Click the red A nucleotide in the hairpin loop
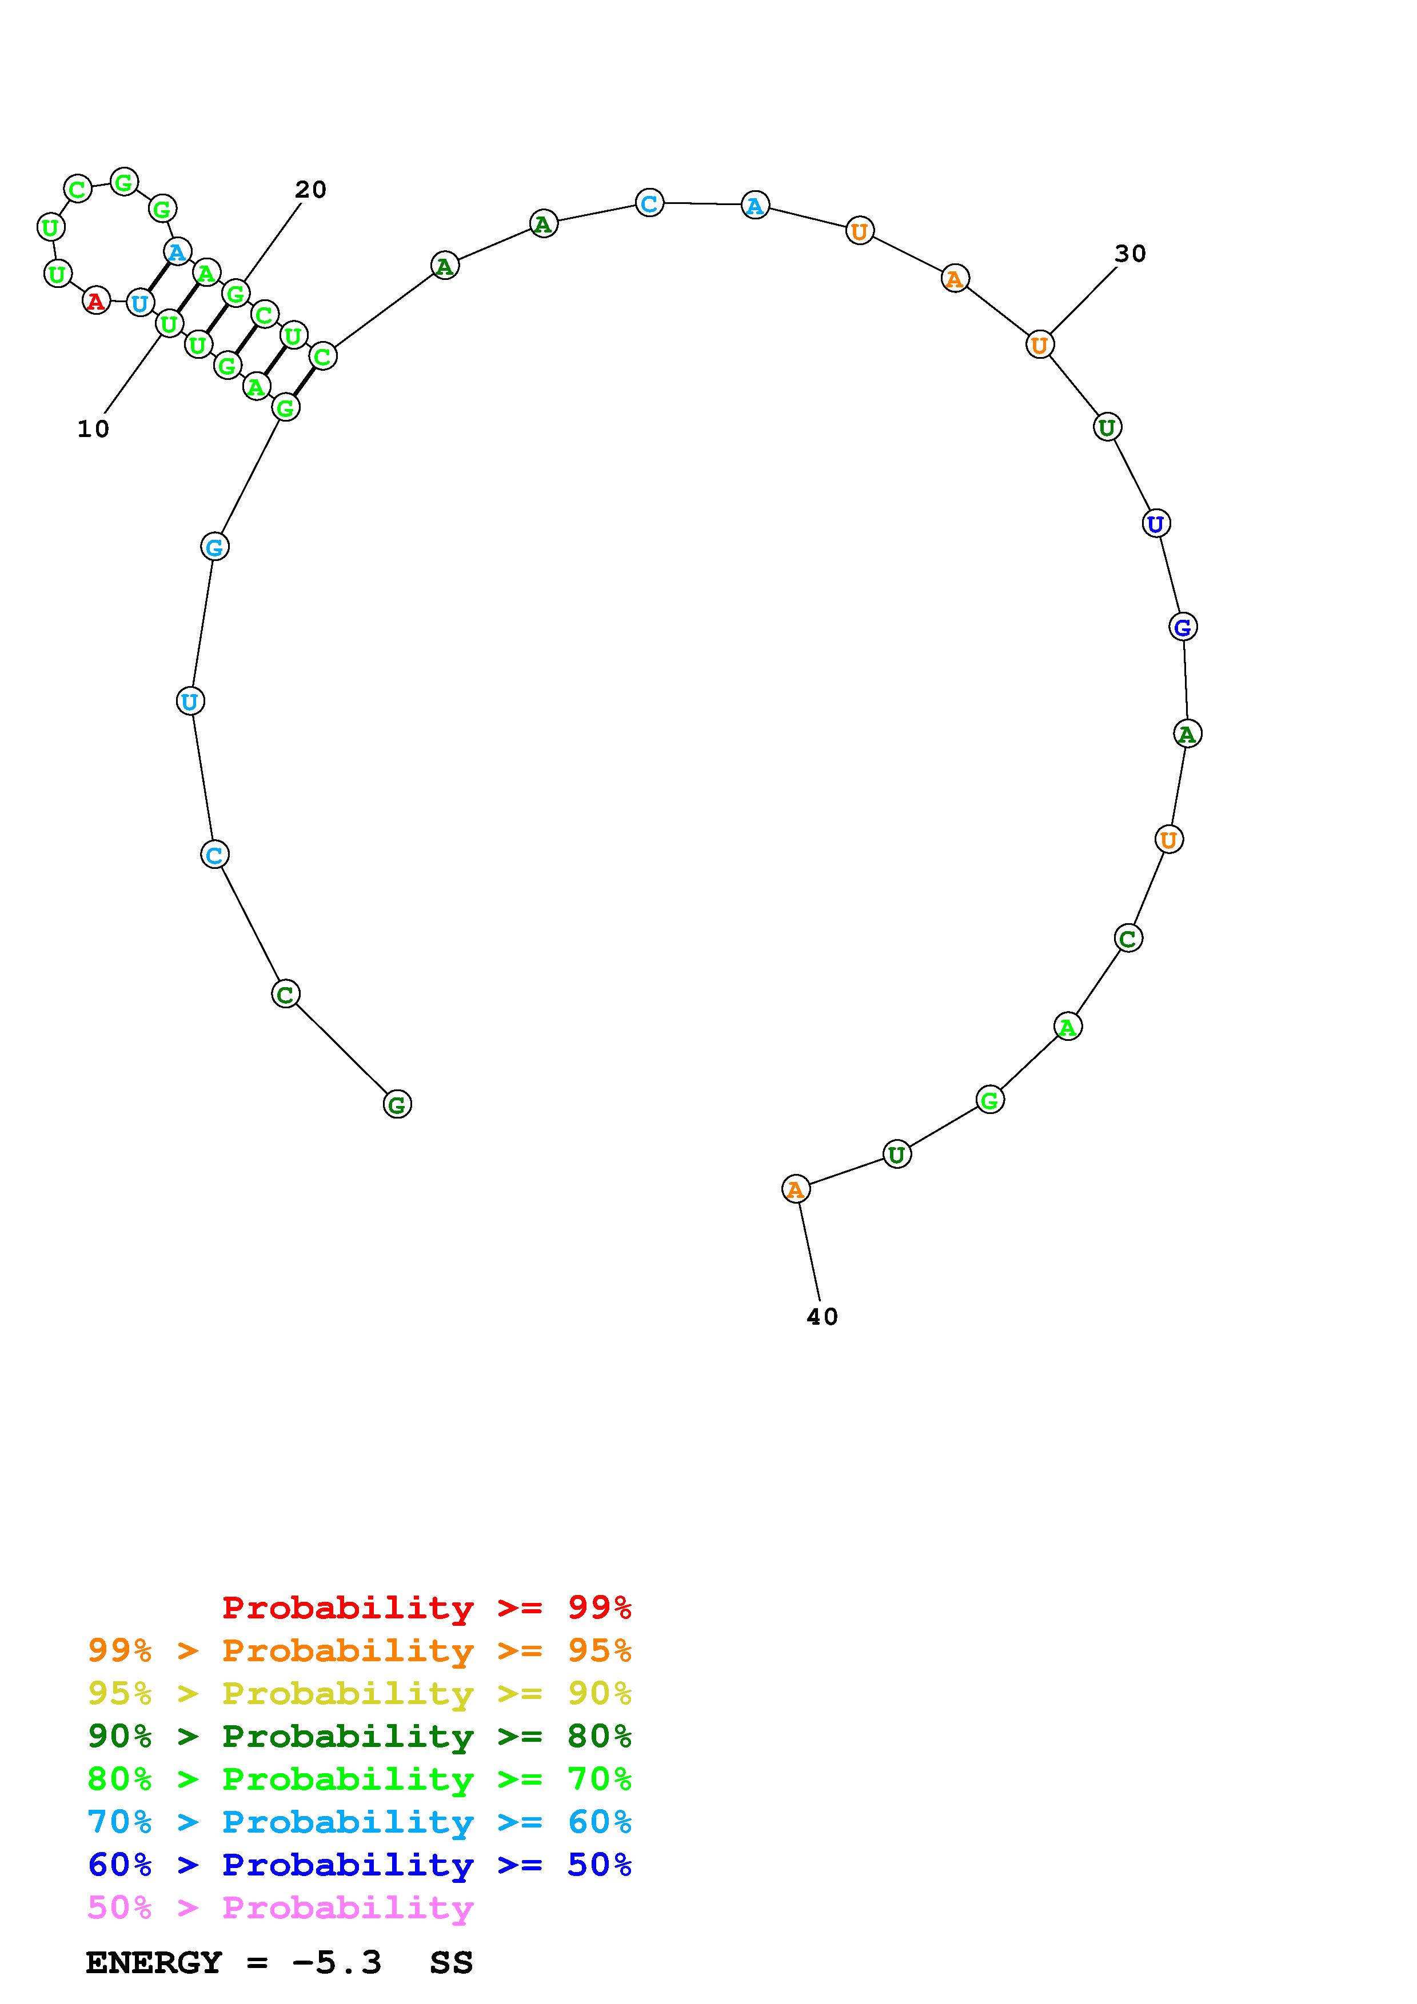(96, 301)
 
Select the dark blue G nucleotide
(1183, 627)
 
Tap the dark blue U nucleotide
(1156, 524)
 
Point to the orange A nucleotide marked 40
(795, 1189)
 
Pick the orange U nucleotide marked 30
(1040, 345)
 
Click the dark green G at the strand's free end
(397, 1104)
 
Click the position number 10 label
(93, 428)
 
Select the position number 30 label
(1129, 253)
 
